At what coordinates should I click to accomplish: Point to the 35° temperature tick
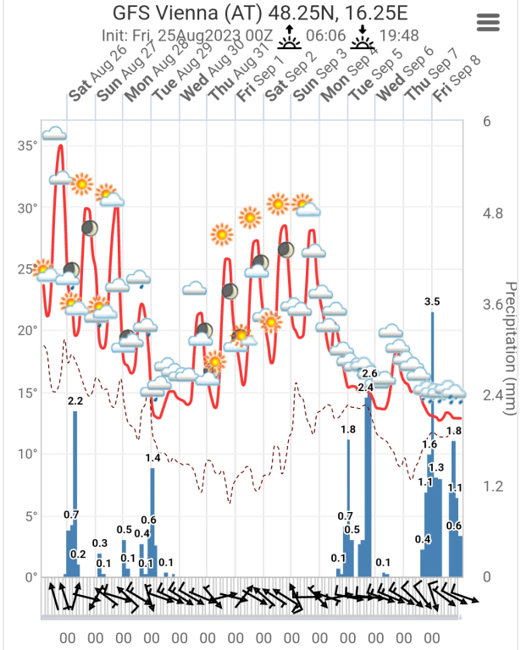pos(27,146)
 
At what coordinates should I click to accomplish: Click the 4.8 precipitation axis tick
pos(491,213)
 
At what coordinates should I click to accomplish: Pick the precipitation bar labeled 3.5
pos(432,440)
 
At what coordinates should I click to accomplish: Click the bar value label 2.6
pos(369,373)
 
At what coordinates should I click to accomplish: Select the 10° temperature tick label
pos(27,454)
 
